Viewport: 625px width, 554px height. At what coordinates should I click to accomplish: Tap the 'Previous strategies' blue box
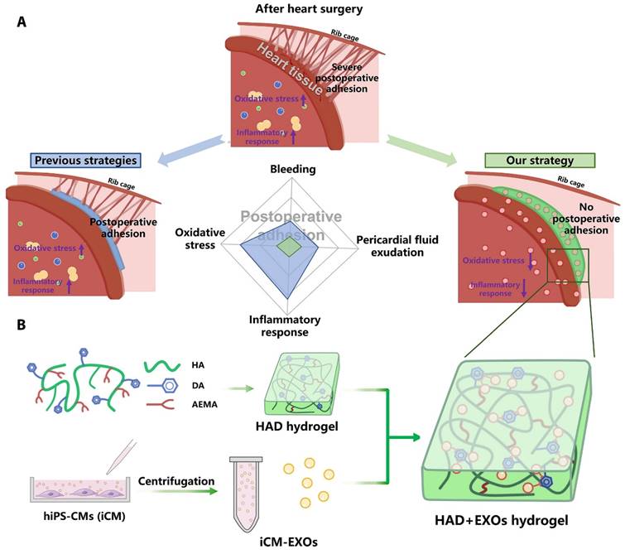click(84, 159)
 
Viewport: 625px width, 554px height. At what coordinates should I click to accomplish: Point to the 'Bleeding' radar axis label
click(293, 169)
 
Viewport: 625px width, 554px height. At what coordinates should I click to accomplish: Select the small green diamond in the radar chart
click(288, 247)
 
